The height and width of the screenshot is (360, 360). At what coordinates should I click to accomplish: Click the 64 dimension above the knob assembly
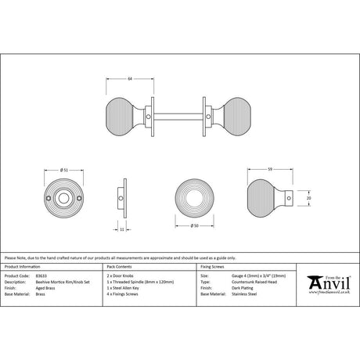pyautogui.click(x=129, y=79)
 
